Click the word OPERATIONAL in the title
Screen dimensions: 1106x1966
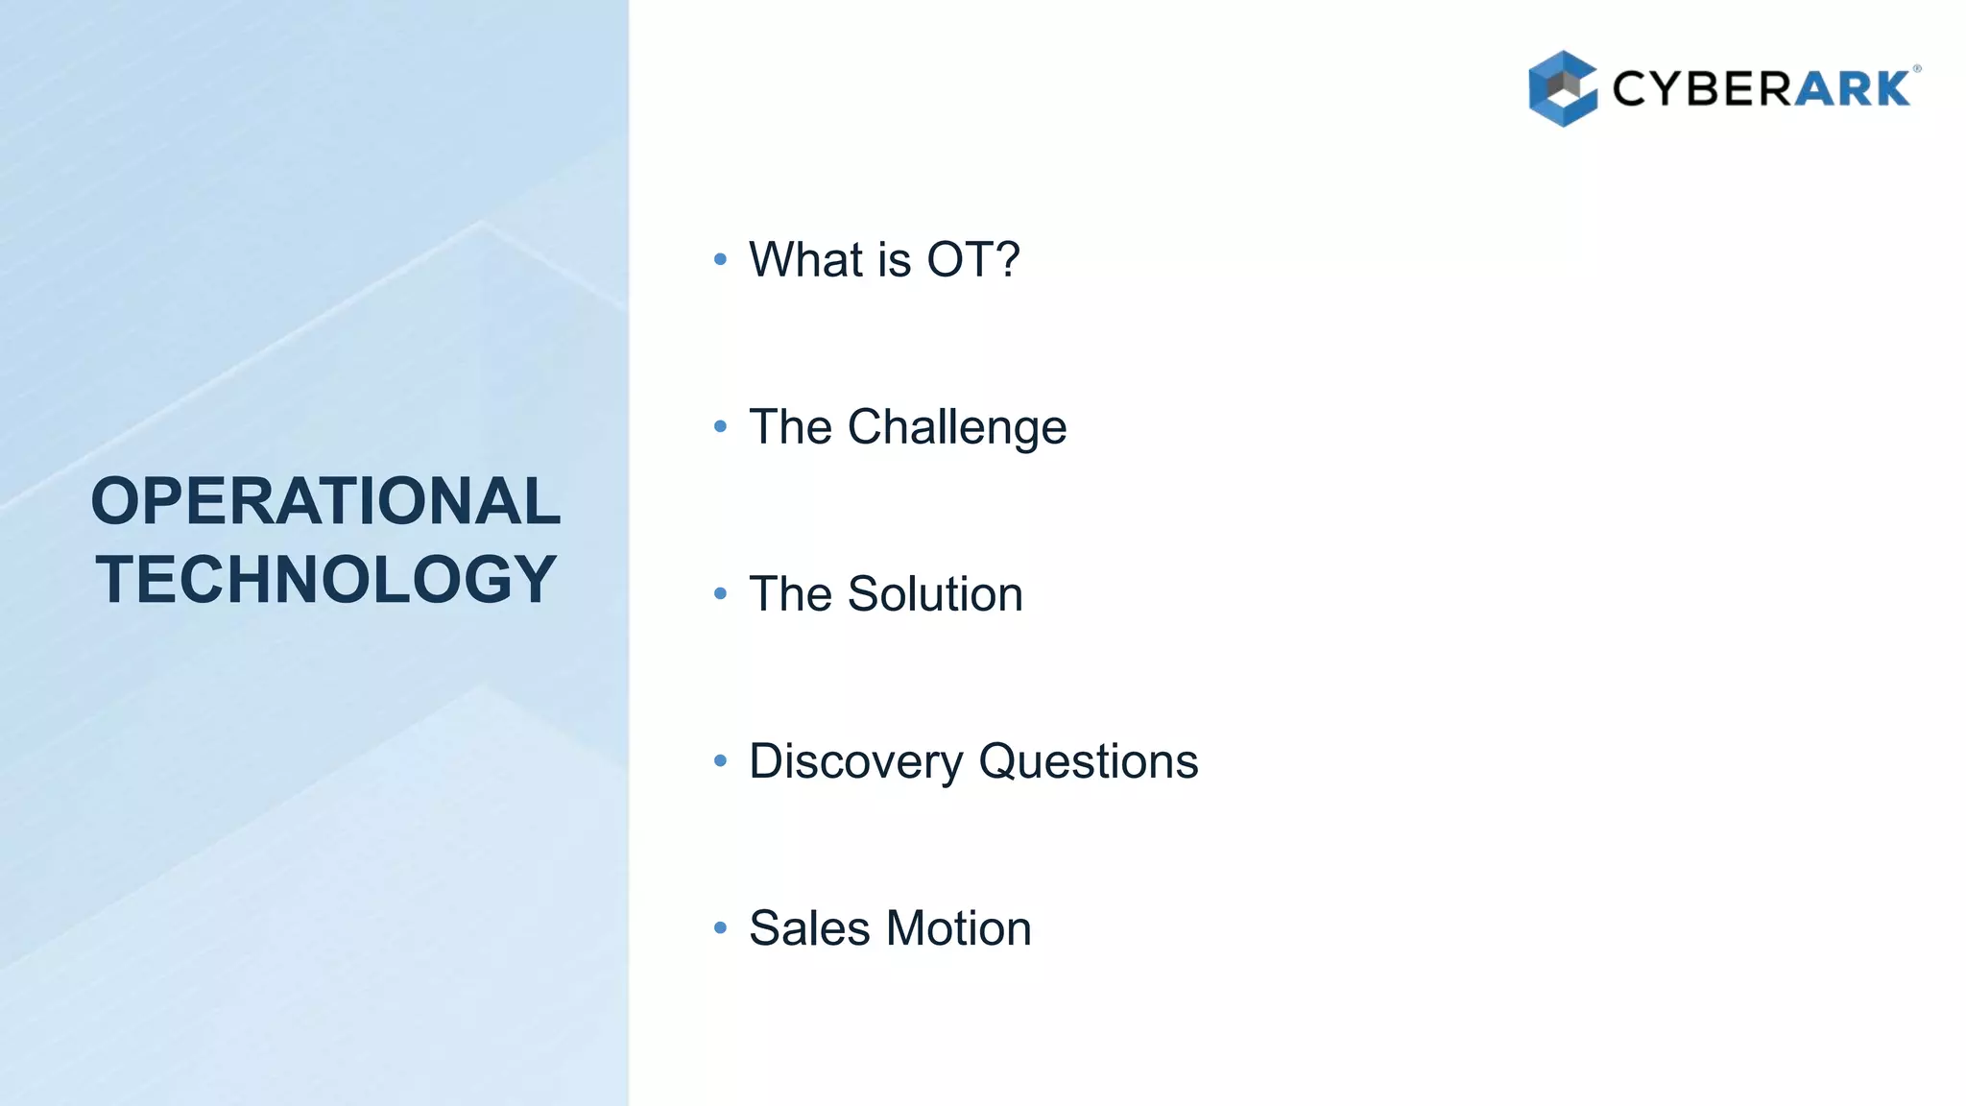pos(325,501)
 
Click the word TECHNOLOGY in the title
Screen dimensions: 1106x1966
pos(325,579)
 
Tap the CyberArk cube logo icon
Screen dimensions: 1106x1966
pos(1562,88)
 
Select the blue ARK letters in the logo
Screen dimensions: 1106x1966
pos(1853,89)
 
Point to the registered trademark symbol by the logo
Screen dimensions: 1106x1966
pos(1917,69)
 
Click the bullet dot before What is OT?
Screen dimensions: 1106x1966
pos(721,259)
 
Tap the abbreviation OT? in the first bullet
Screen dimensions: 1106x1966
pos(972,259)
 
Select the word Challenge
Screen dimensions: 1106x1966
pos(956,427)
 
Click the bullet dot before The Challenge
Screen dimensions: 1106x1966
pos(721,426)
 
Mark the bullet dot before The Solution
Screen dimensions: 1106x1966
pos(721,593)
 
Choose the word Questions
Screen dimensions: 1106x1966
pos(1088,761)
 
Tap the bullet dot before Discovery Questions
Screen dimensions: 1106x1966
pos(721,761)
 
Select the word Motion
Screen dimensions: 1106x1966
pos(958,928)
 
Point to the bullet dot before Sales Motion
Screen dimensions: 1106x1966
pos(721,928)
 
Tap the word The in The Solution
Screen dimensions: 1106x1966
pos(789,593)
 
